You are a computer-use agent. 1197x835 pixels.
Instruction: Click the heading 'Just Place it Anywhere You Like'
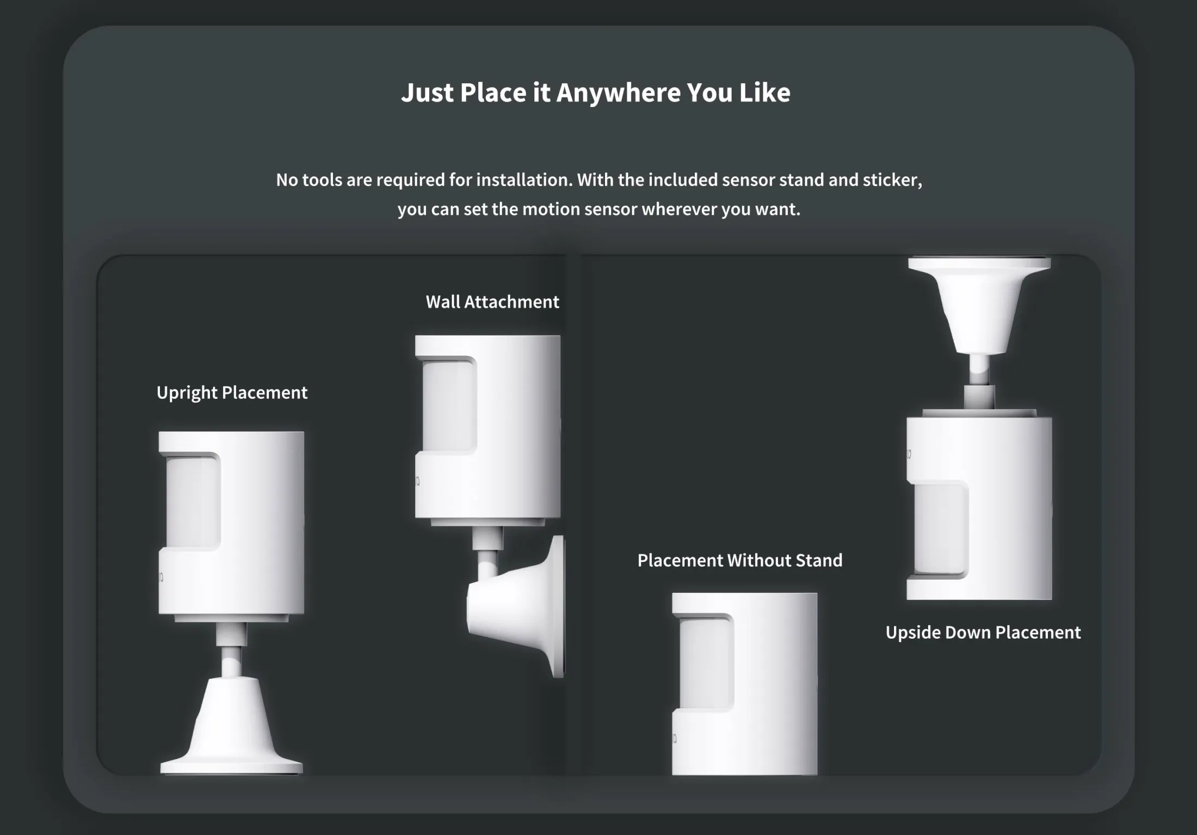596,92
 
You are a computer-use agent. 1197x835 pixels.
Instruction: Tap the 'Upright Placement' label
232,393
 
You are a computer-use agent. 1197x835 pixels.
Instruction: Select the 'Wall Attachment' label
492,302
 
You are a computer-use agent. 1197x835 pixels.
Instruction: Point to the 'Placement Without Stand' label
740,560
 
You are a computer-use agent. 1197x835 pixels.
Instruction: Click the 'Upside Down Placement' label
983,632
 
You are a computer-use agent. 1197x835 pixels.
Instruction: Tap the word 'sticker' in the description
892,180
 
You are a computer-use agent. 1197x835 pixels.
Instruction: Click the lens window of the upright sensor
193,502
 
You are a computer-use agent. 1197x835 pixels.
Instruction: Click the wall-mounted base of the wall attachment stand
517,607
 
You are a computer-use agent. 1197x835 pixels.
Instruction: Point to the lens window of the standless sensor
706,663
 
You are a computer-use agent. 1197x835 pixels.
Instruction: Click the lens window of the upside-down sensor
941,529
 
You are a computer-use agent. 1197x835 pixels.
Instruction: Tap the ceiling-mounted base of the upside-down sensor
979,305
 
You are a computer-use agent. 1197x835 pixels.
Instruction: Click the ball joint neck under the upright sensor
231,650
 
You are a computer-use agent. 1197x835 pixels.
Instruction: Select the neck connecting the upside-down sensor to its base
979,381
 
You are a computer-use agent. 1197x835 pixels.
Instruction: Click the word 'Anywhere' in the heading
618,92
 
